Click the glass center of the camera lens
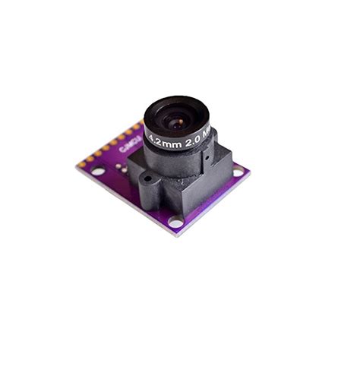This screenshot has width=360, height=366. click(177, 119)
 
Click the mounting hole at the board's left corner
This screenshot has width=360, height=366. click(99, 171)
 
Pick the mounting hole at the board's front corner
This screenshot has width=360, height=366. click(175, 222)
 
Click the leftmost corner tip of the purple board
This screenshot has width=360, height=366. click(76, 166)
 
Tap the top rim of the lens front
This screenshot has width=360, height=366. click(176, 99)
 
